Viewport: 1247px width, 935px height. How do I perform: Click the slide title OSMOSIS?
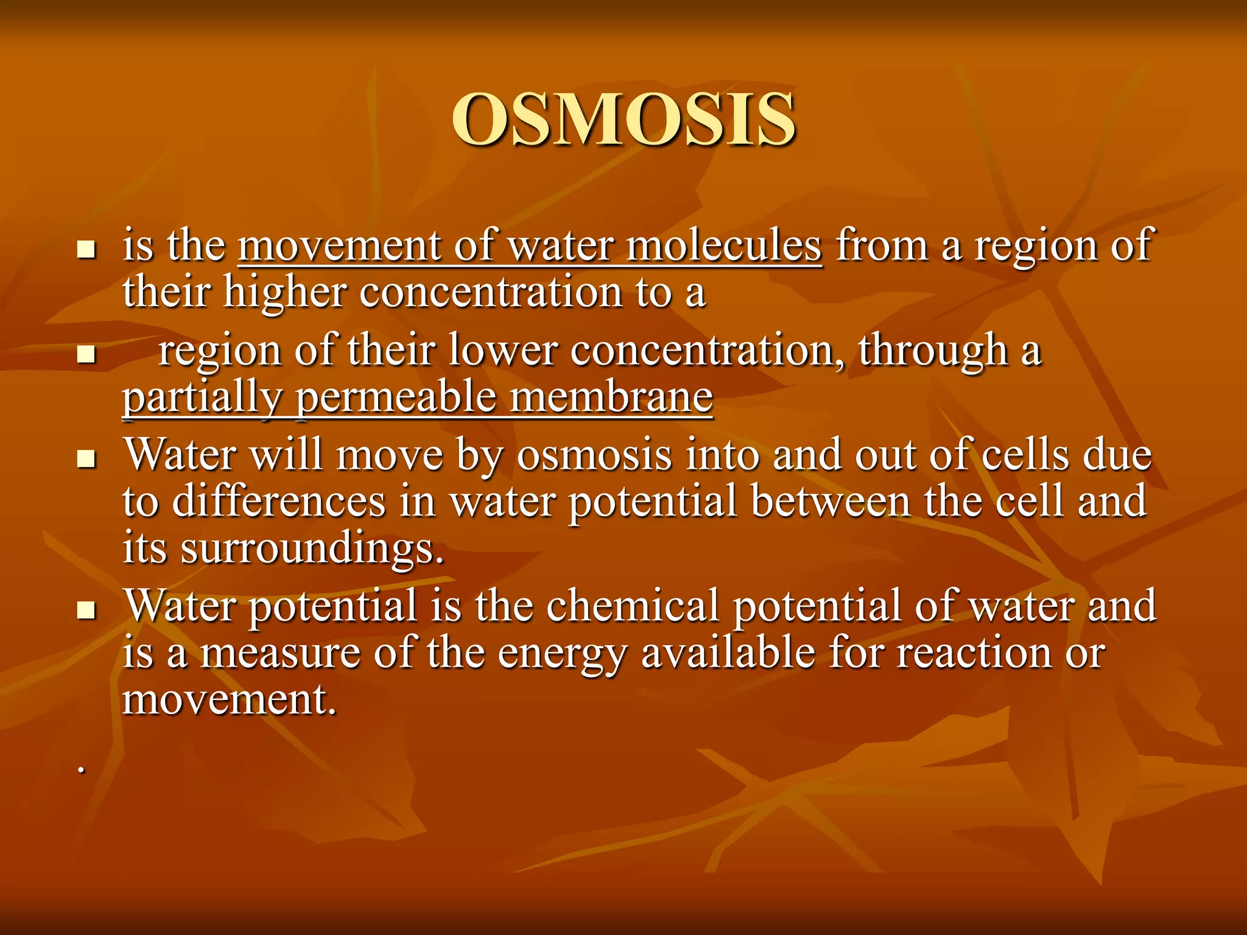point(623,119)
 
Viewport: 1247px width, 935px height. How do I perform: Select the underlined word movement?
point(339,245)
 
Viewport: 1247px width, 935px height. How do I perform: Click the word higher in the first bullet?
point(284,292)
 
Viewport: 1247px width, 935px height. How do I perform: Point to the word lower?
point(503,351)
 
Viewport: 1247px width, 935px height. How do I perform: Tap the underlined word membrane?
point(611,397)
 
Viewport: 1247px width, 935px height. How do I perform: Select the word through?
point(933,351)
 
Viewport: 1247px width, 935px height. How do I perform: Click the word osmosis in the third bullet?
point(594,455)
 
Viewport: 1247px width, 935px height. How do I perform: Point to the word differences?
point(279,502)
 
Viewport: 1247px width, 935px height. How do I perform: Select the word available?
point(728,653)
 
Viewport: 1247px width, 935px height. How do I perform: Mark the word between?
point(830,502)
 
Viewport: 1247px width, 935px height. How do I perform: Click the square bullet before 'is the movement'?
point(88,249)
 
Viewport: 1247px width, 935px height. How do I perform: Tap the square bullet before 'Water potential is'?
point(88,609)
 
